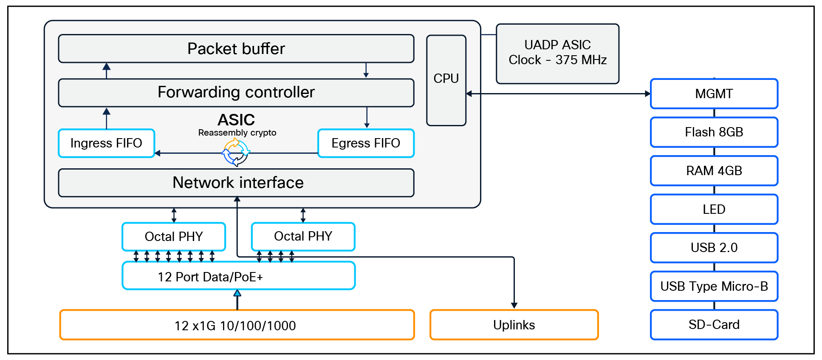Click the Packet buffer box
click(x=236, y=49)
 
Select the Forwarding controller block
click(x=236, y=93)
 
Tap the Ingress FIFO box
click(x=106, y=143)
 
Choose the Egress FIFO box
click(x=366, y=143)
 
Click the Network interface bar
click(x=236, y=183)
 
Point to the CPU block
click(x=446, y=80)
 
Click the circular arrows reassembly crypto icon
click(x=236, y=153)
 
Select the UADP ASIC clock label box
click(x=557, y=53)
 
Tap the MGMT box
click(x=714, y=94)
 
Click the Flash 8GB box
click(x=714, y=132)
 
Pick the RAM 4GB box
click(x=714, y=171)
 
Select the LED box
click(x=714, y=209)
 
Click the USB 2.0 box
click(x=714, y=248)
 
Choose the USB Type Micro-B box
click(x=714, y=286)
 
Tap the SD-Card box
click(x=714, y=325)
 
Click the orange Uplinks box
click(x=514, y=325)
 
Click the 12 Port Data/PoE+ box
click(x=238, y=277)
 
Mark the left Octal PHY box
click(x=174, y=236)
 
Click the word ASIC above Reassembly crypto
click(x=236, y=120)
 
